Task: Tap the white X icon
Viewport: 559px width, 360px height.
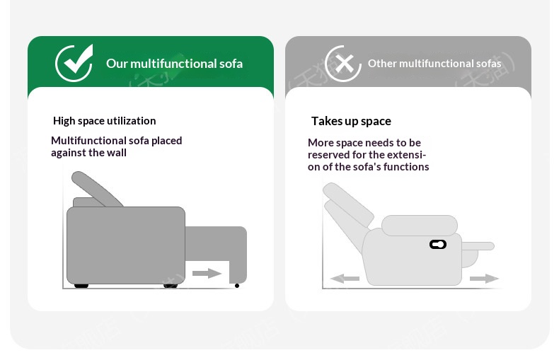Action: tap(345, 64)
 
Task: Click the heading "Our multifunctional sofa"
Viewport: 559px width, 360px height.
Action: tap(174, 64)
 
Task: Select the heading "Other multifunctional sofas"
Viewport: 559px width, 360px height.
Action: tap(434, 64)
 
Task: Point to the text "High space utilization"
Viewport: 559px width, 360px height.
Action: tap(105, 121)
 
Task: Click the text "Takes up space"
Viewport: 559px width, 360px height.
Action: tap(351, 121)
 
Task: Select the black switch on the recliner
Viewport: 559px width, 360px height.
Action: tap(438, 245)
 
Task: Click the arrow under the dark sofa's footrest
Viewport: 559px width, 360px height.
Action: tap(207, 274)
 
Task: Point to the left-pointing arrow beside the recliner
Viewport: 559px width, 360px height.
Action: tap(345, 279)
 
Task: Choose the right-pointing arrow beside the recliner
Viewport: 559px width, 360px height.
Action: tap(484, 279)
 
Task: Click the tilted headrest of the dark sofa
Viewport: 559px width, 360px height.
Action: tap(96, 189)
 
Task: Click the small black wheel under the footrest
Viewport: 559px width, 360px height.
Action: tap(237, 286)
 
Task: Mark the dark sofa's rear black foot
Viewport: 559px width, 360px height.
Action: tap(81, 286)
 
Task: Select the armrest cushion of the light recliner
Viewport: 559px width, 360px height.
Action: tap(420, 226)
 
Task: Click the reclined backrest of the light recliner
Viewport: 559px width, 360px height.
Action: tap(347, 210)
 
